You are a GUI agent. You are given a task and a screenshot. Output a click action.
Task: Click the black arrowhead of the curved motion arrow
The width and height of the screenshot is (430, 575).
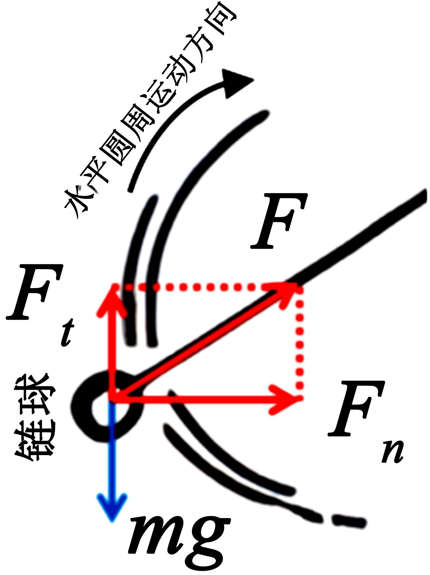(x=235, y=83)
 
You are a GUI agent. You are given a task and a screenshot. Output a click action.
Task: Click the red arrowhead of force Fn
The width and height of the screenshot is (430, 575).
(x=286, y=397)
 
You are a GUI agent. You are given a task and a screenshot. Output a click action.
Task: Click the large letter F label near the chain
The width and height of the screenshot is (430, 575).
(x=279, y=221)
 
